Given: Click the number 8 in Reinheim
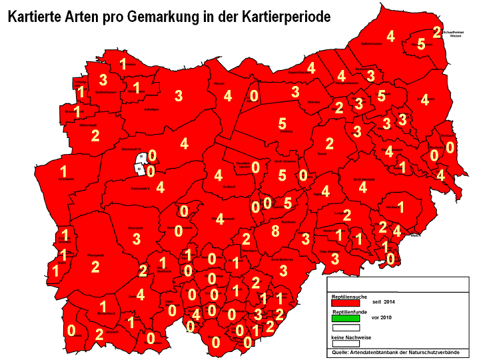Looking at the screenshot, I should [274, 231].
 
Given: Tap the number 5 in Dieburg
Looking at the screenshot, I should [282, 124].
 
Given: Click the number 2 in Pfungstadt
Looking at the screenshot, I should [95, 267].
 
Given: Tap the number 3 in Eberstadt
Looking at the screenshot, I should [136, 238].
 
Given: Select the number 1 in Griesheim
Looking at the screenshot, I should [63, 170].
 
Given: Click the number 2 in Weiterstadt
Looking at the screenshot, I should [95, 136].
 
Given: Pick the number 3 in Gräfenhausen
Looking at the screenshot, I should [103, 80].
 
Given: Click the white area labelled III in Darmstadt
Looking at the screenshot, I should [142, 157].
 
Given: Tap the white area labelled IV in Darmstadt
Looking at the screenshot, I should [139, 170].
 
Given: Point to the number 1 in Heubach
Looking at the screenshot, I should [400, 206].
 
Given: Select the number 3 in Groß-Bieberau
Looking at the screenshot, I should [283, 270].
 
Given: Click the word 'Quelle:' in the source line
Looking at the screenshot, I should [343, 353].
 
